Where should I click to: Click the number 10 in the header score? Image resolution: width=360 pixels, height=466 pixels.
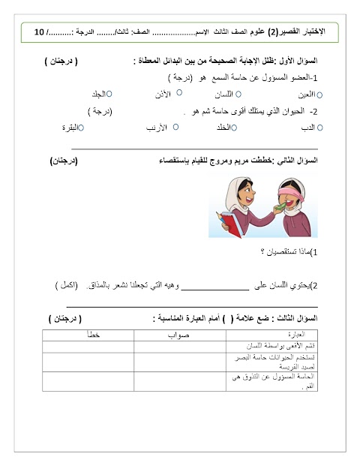point(39,33)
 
